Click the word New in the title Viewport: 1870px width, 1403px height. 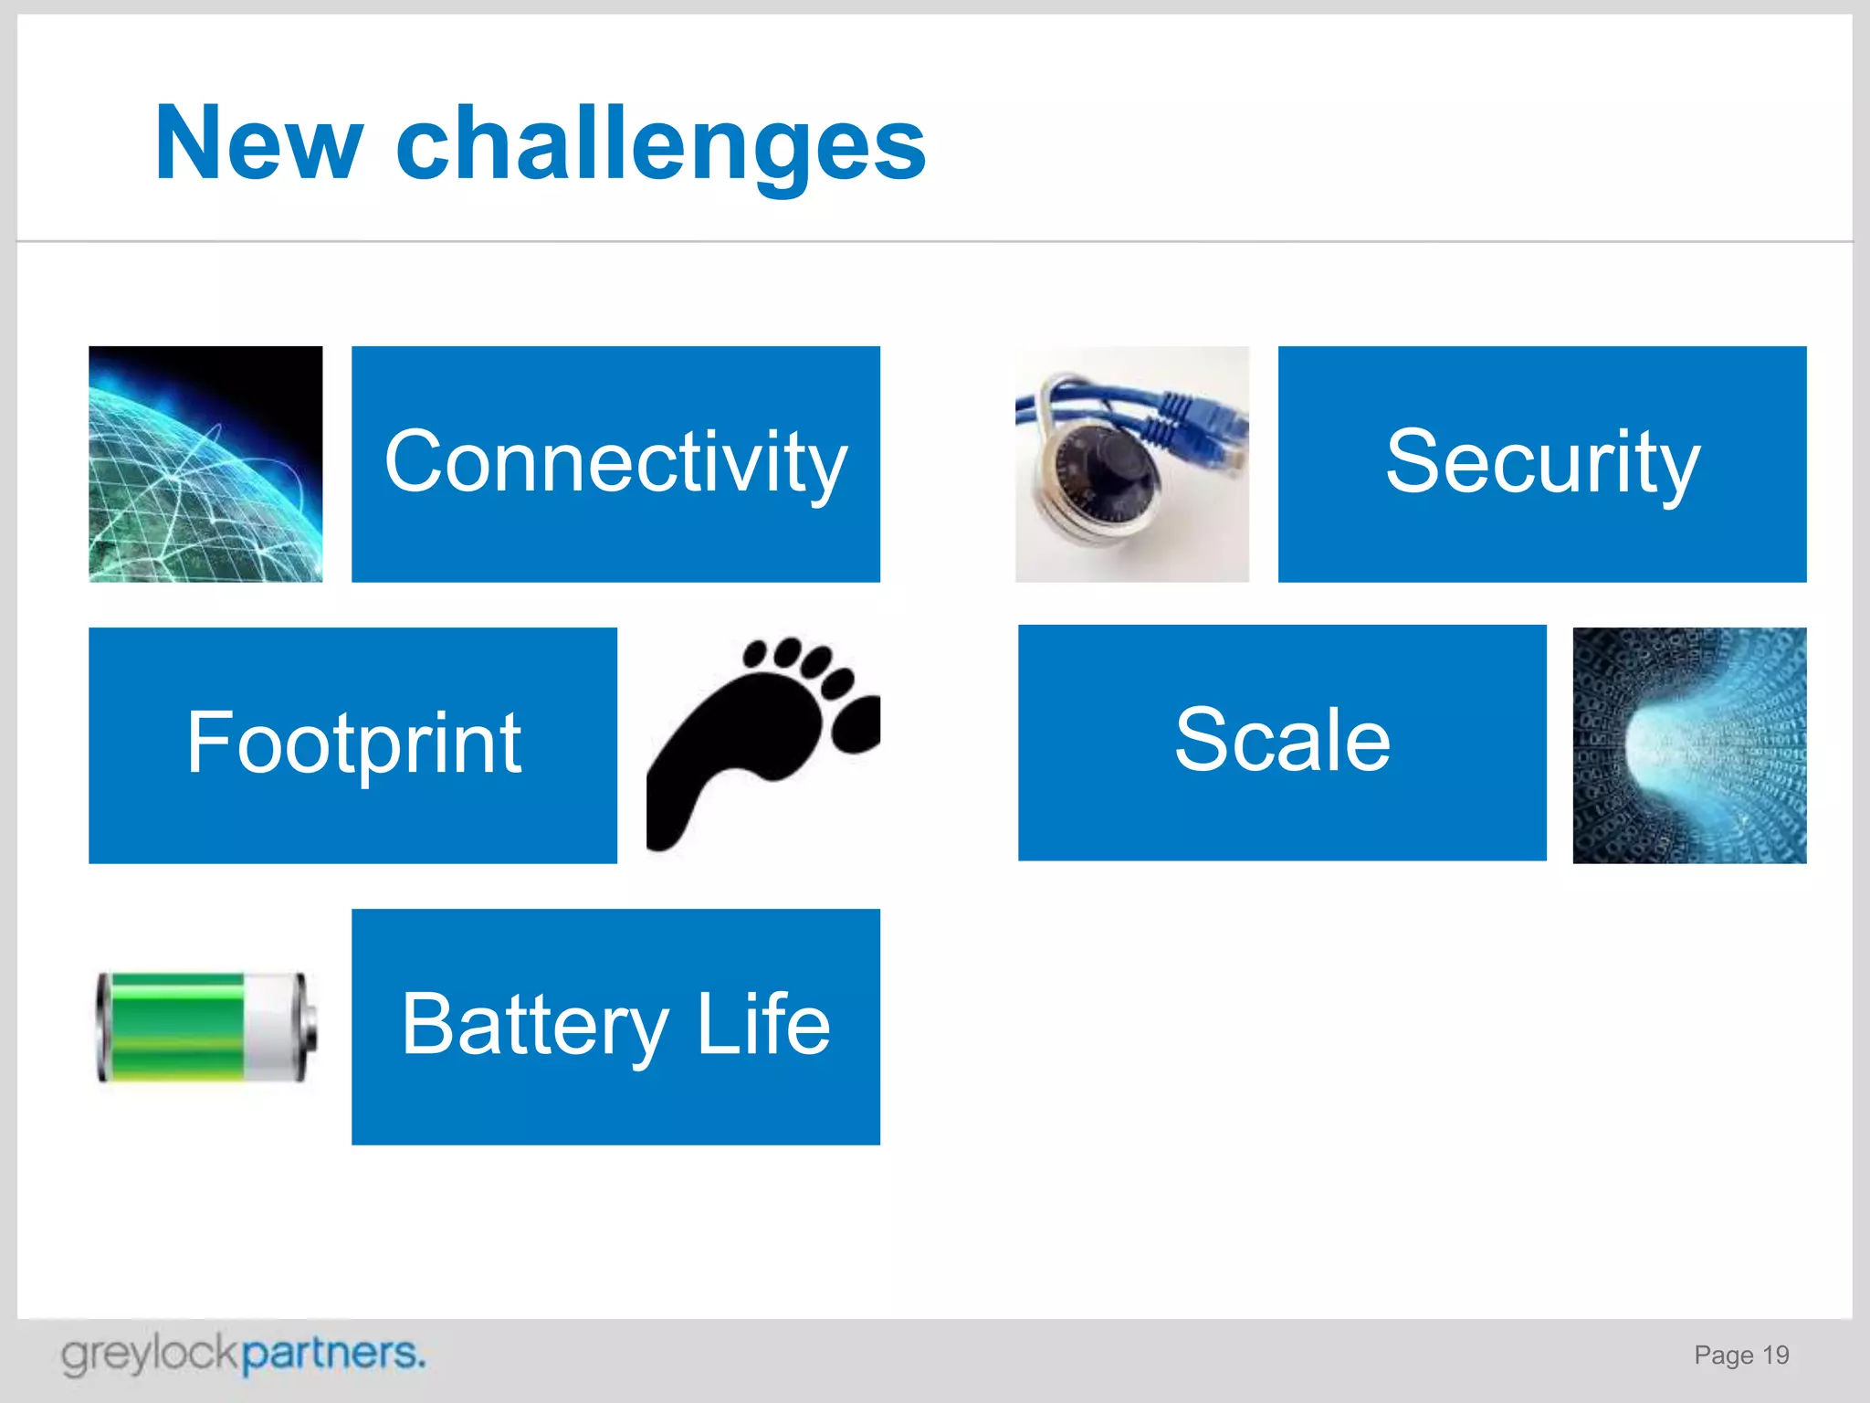click(259, 143)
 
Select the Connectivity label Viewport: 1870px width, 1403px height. click(615, 462)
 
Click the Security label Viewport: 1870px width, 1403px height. click(1542, 462)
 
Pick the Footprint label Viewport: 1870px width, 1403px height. click(353, 744)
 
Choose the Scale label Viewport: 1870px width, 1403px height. click(1282, 741)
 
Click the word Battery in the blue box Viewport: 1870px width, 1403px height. click(535, 1026)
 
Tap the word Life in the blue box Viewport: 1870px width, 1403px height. click(763, 1024)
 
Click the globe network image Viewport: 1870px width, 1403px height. click(205, 464)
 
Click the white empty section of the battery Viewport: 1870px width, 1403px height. click(268, 1027)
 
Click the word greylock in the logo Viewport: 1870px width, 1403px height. click(150, 1354)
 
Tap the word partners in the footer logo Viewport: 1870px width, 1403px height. click(332, 1354)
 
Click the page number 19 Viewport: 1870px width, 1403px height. click(1775, 1355)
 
